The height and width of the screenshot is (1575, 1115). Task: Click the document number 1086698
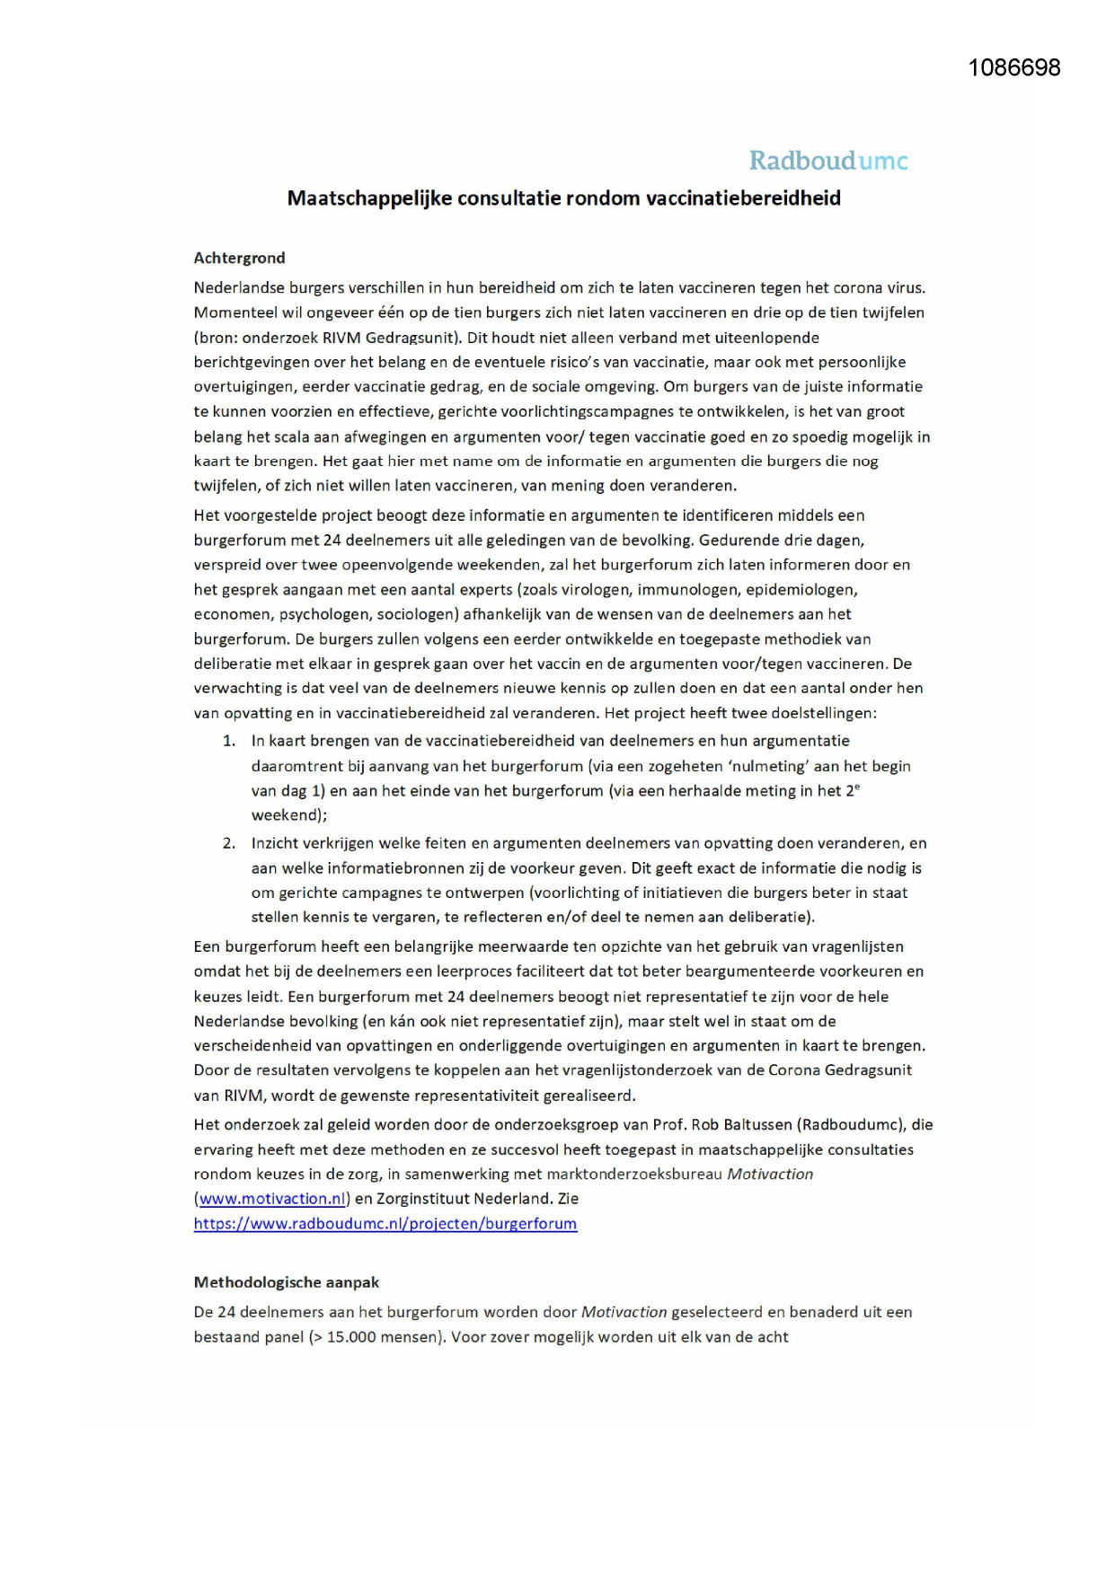pos(1013,68)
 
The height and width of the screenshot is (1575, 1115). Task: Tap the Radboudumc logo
pos(827,161)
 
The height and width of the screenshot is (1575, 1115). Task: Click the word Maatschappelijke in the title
pos(369,198)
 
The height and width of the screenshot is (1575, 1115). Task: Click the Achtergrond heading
pos(239,258)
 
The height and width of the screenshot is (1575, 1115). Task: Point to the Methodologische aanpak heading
pos(287,1282)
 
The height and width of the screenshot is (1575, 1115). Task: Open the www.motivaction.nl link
pos(272,1199)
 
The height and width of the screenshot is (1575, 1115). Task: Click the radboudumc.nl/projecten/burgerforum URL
pos(385,1224)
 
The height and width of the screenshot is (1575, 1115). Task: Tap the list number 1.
pos(229,742)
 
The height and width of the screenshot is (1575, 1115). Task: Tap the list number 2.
pos(229,844)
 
